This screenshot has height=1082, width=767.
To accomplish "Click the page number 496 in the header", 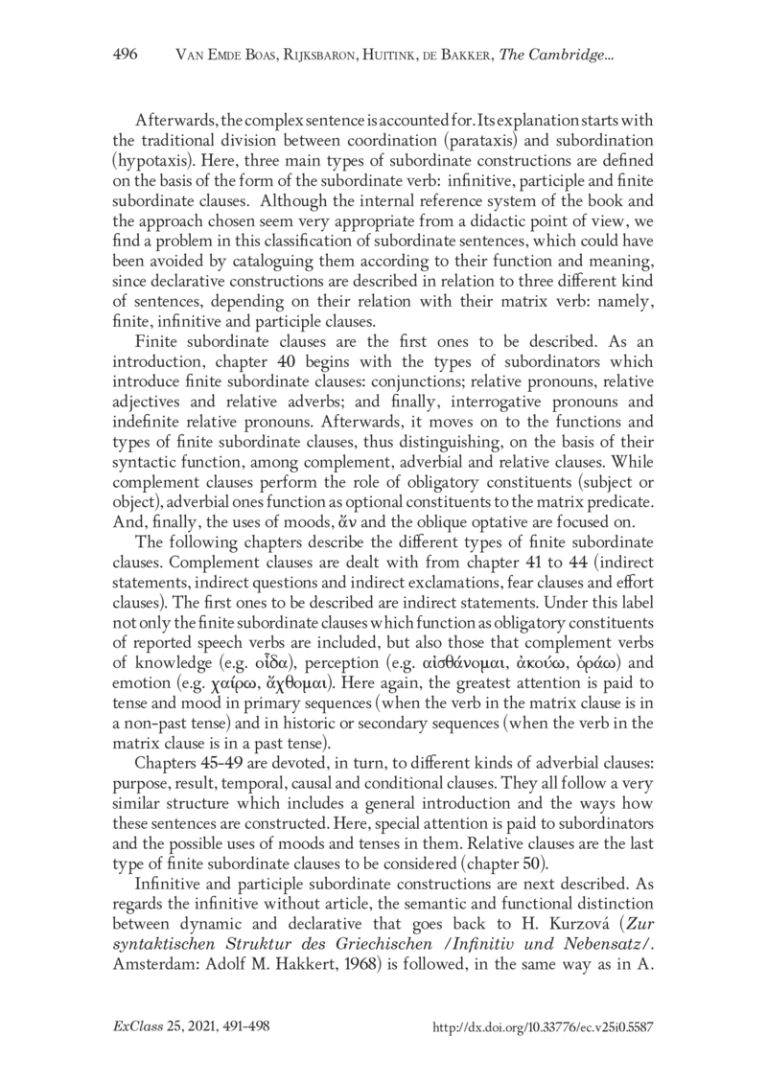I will point(125,55).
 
